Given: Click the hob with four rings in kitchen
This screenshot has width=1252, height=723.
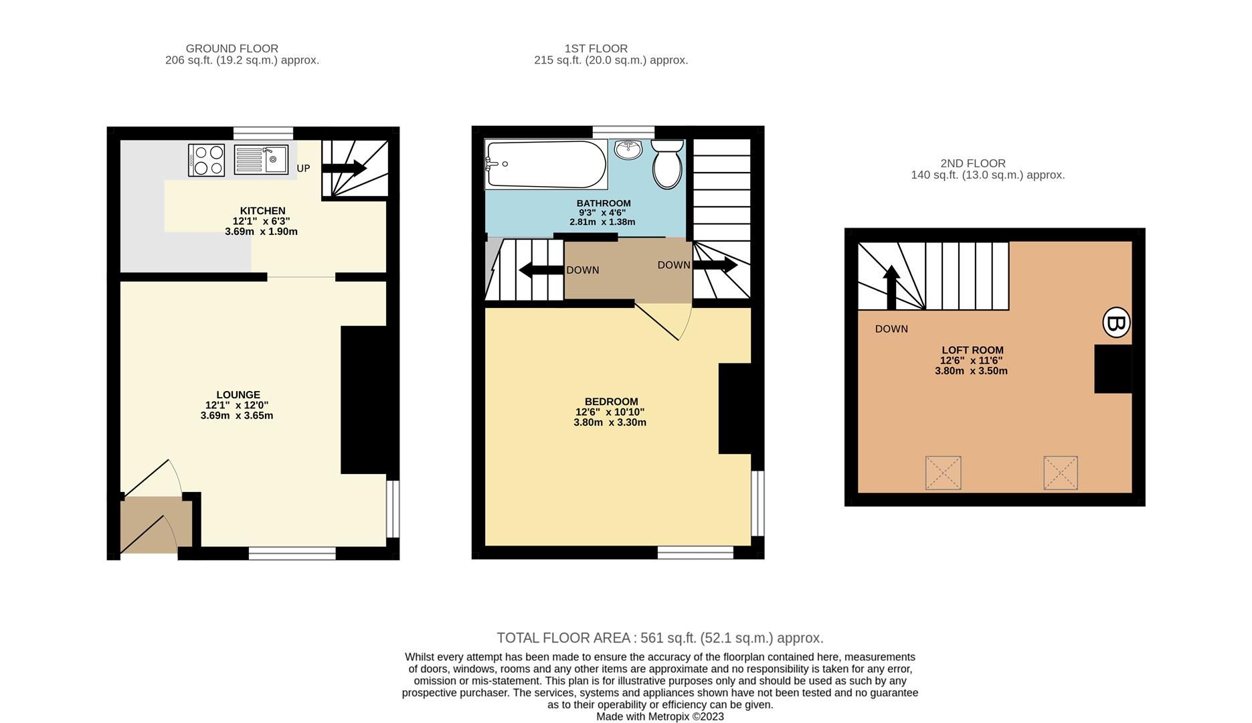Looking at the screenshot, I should [x=207, y=160].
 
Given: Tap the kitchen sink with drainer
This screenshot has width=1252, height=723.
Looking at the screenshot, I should [x=261, y=159].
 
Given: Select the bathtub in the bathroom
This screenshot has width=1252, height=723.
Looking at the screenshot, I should [x=545, y=164].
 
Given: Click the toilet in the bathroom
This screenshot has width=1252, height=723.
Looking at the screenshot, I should [x=666, y=165].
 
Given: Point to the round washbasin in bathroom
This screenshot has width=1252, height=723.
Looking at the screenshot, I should [x=628, y=149].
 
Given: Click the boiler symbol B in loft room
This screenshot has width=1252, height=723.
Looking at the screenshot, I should [x=1115, y=323].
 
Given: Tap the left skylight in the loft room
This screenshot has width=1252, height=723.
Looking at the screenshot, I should [x=943, y=473].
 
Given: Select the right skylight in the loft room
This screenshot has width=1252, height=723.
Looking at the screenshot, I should [x=1061, y=473].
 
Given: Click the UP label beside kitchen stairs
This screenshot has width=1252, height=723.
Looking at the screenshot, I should [x=303, y=169].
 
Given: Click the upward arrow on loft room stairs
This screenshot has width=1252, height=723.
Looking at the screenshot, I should [x=891, y=287].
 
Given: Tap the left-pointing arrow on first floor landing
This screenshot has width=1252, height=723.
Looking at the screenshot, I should [x=541, y=270].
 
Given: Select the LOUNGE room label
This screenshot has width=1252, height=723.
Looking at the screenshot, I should [x=238, y=395].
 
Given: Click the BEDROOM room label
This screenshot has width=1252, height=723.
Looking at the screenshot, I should [x=610, y=402].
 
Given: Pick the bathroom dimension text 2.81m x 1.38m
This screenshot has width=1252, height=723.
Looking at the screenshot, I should [x=602, y=222].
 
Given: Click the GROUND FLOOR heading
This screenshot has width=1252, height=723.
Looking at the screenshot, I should [x=232, y=48].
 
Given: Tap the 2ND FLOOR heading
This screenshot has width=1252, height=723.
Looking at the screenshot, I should [x=972, y=163].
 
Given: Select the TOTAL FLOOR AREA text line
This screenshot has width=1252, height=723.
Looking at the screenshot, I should [x=659, y=638].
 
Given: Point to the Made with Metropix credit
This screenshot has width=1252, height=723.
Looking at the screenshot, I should [x=659, y=716].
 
